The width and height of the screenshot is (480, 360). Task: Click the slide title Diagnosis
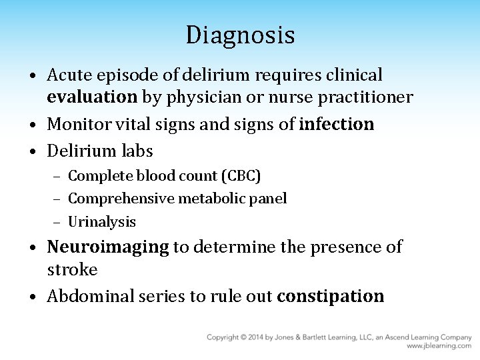[x=240, y=35]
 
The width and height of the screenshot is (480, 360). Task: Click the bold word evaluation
[x=91, y=97]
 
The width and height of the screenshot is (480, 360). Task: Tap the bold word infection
[x=337, y=124]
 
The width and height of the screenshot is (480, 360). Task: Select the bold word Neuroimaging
[x=108, y=247]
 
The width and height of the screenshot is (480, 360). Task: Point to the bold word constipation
[x=330, y=296]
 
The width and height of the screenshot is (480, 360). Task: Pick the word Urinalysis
[x=102, y=221]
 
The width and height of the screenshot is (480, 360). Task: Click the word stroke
[x=72, y=270]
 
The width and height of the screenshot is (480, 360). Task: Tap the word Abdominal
[x=90, y=296]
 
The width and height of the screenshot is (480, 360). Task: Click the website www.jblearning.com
[x=439, y=346]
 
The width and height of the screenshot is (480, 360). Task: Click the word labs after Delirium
[x=137, y=151]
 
